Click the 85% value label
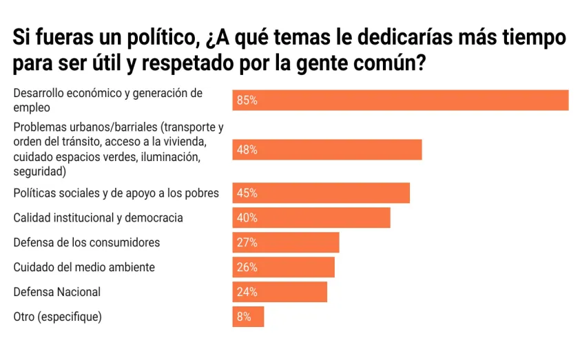pos(247,100)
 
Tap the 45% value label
pos(247,193)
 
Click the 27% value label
pos(247,242)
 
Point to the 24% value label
pos(247,292)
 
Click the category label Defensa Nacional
pos(57,292)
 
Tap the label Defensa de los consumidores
pos(87,242)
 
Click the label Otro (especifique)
pos(58,317)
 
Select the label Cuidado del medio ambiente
pos(84,267)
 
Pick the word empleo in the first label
pos(32,107)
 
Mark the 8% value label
pos(245,317)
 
